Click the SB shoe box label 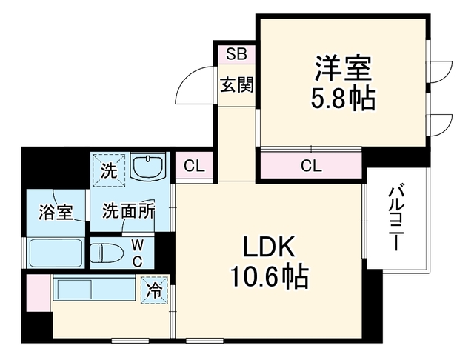(x=237, y=54)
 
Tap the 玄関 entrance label (x=237, y=85)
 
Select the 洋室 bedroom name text (x=343, y=68)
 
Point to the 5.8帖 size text (x=343, y=99)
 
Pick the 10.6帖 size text (x=270, y=276)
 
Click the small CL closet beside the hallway (x=194, y=166)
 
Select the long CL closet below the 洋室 (x=311, y=165)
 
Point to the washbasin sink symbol (x=147, y=167)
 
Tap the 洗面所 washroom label (x=128, y=211)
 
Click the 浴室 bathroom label (x=56, y=212)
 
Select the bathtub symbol (x=54, y=253)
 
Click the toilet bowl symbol (x=107, y=253)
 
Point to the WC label (x=138, y=253)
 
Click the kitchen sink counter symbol (x=94, y=289)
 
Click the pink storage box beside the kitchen (x=39, y=293)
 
